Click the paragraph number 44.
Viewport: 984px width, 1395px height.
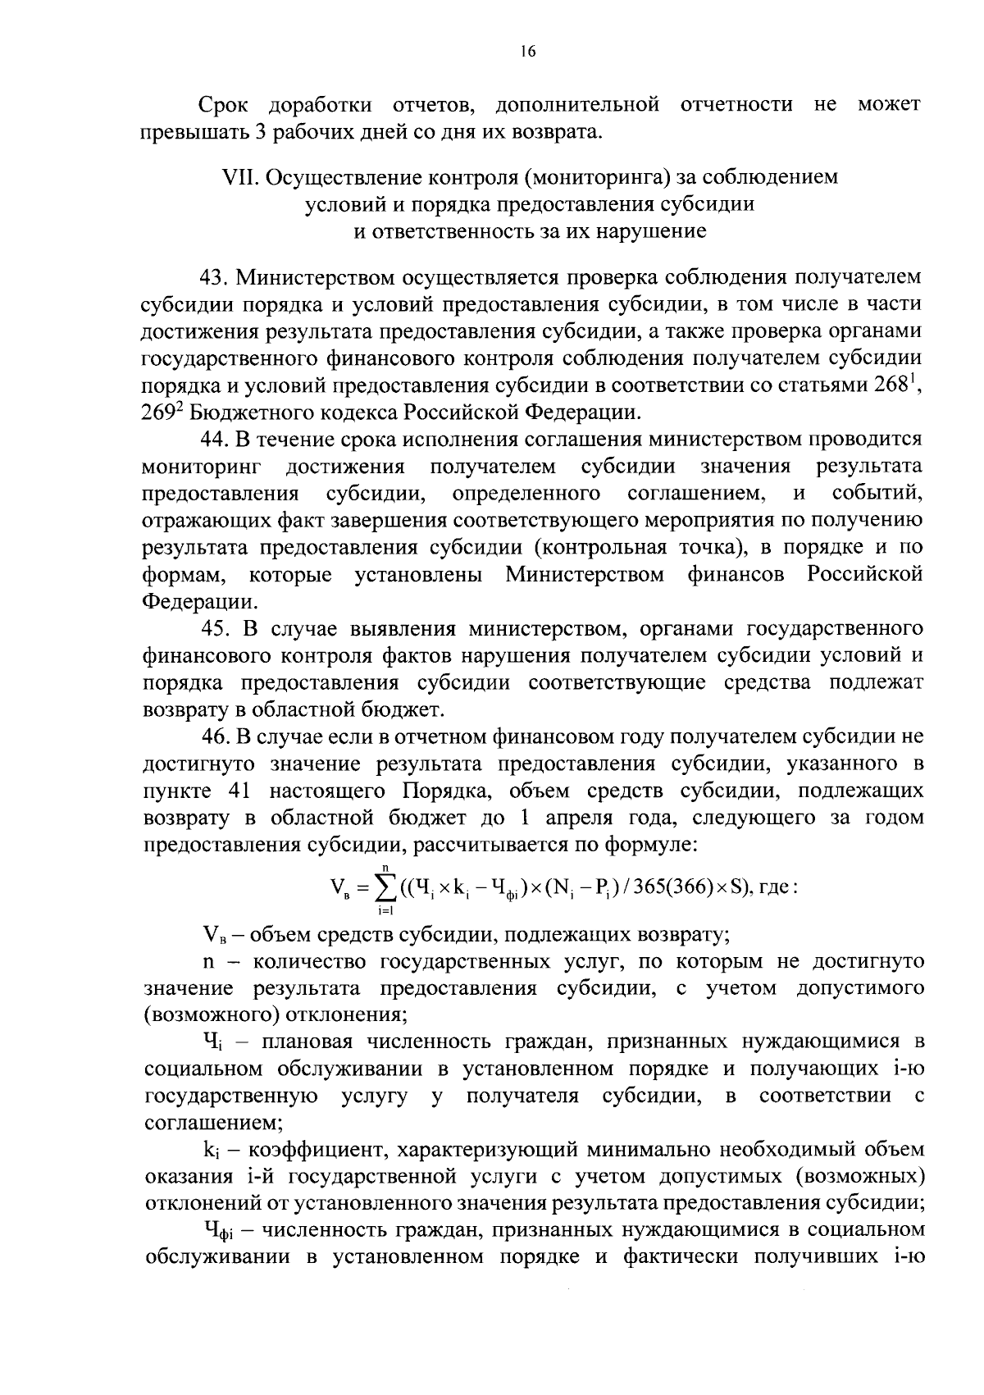click(215, 440)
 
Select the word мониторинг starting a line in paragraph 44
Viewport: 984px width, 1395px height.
click(202, 467)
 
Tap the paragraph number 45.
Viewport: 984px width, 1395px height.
click(215, 629)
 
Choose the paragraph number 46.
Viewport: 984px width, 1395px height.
click(215, 737)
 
